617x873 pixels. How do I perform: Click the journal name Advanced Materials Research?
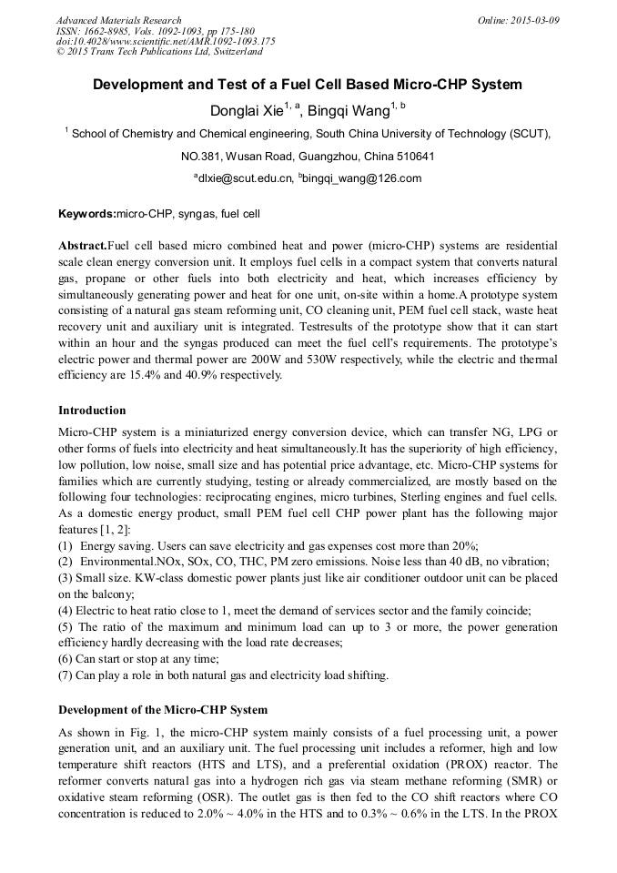(x=118, y=20)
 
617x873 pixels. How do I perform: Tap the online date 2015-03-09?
(x=534, y=20)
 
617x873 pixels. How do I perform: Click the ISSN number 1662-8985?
(x=104, y=30)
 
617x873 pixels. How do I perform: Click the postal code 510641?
(x=412, y=156)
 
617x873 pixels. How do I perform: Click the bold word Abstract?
(x=83, y=246)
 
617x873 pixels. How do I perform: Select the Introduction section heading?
(x=92, y=411)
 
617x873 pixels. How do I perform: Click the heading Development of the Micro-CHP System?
(x=163, y=709)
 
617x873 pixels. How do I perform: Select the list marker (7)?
(x=67, y=675)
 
